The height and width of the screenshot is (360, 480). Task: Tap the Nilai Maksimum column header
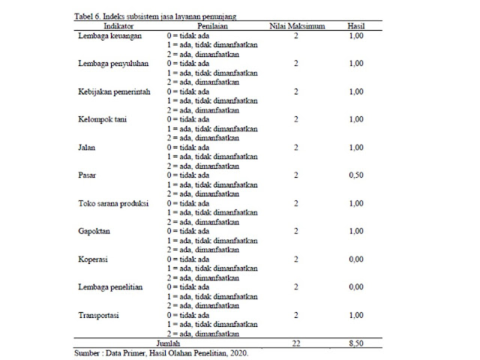point(296,25)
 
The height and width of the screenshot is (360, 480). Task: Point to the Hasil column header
point(355,25)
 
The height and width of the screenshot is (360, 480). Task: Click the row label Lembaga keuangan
point(110,35)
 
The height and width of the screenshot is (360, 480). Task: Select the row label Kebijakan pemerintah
point(115,91)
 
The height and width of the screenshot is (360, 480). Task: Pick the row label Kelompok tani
point(102,119)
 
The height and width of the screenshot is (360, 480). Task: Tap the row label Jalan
point(86,147)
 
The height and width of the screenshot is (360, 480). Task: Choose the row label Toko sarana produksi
point(113,203)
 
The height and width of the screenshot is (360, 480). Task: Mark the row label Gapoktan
point(94,231)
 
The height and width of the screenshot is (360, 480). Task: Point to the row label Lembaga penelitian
point(110,287)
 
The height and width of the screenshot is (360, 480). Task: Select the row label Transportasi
point(100,315)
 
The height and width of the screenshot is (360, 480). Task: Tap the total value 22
point(296,343)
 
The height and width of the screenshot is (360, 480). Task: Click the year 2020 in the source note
point(237,352)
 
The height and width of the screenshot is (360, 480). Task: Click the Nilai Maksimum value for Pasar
point(296,175)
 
